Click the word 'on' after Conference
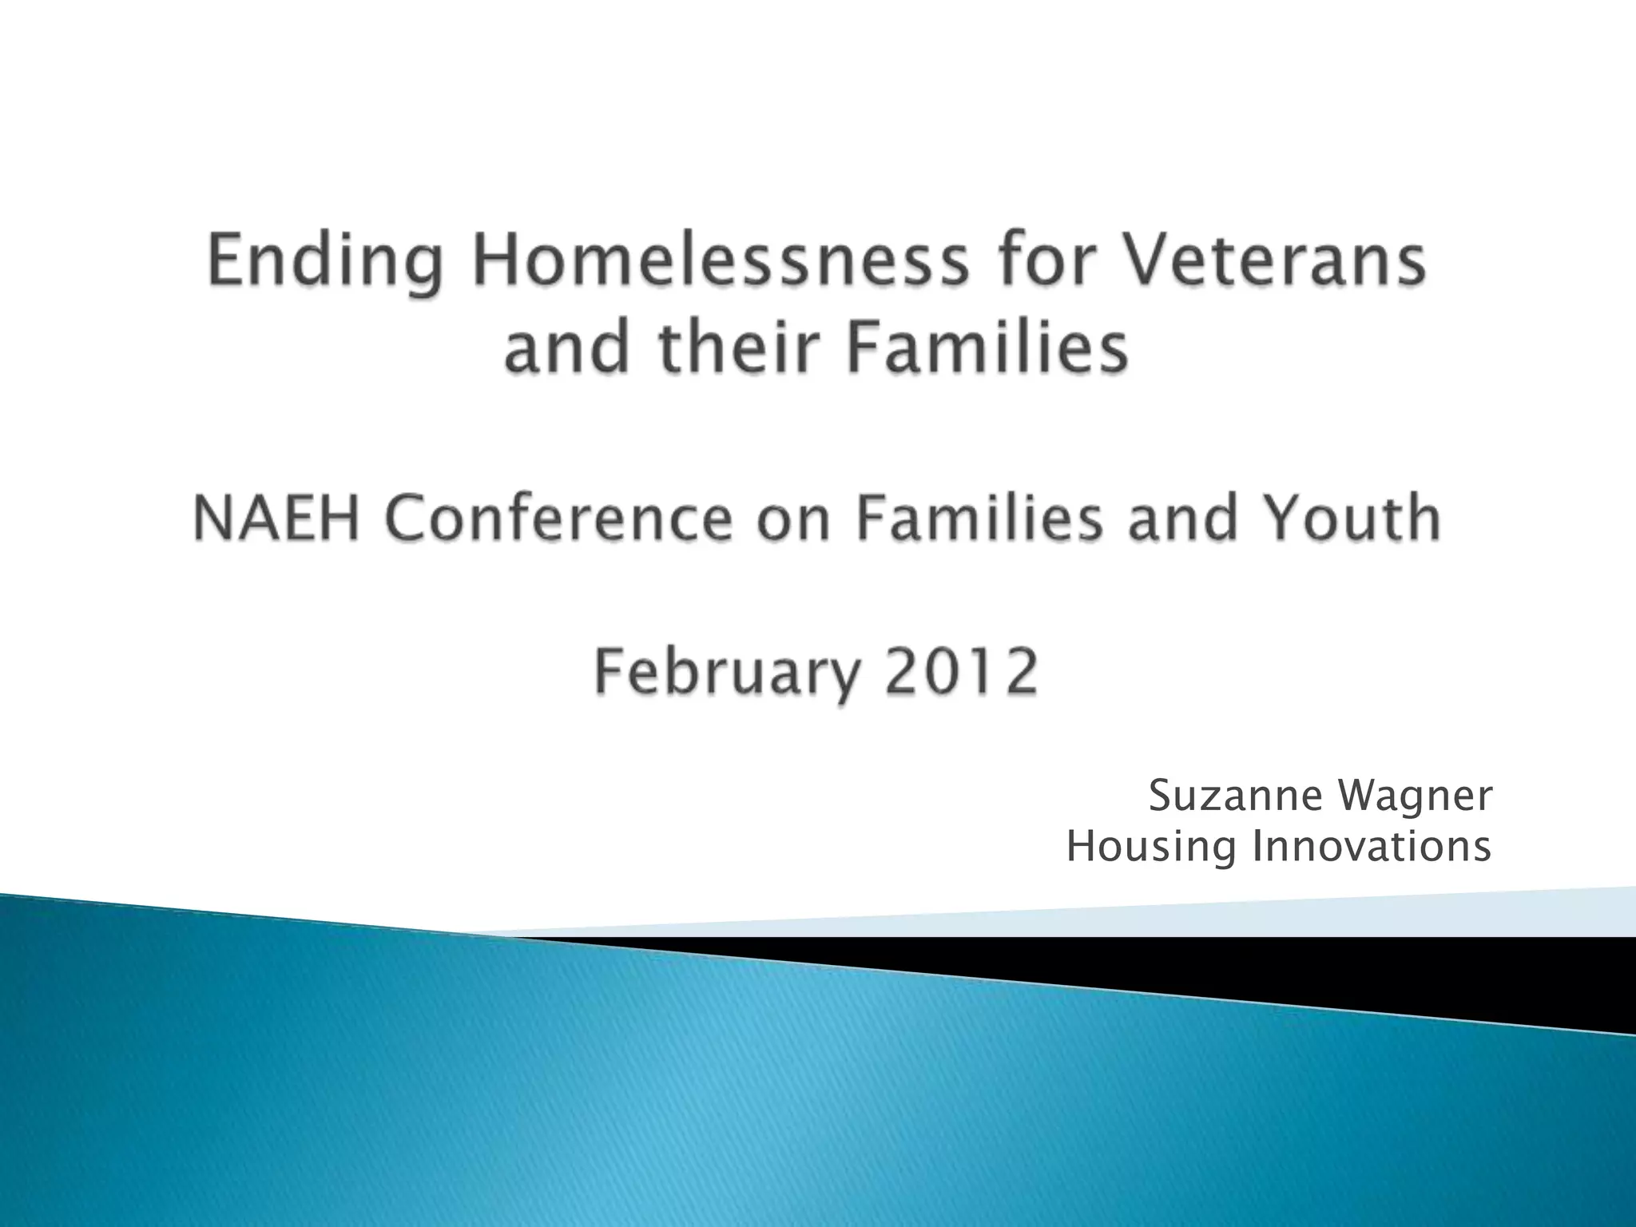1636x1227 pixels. point(794,519)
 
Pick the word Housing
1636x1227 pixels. point(1151,848)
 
